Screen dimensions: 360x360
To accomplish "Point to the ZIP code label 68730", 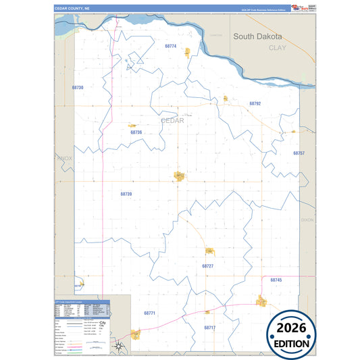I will pyautogui.click(x=78, y=88).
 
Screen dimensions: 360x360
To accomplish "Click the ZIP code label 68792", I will pyautogui.click(x=255, y=103).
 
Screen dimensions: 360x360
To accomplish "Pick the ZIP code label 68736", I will pyautogui.click(x=136, y=132).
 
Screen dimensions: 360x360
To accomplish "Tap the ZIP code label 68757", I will pyautogui.click(x=299, y=153).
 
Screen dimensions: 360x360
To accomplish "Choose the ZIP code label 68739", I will pyautogui.click(x=126, y=194).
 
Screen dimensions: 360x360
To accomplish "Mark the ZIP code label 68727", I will pyautogui.click(x=207, y=266).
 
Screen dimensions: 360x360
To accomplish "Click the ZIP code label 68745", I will pyautogui.click(x=276, y=280).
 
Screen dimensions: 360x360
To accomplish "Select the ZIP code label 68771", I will pyautogui.click(x=149, y=313).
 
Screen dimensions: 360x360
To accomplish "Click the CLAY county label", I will pyautogui.click(x=278, y=48).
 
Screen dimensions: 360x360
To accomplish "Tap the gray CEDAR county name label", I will pyautogui.click(x=172, y=120).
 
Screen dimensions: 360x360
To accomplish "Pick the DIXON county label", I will pyautogui.click(x=307, y=220).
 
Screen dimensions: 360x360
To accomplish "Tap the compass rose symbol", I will pyautogui.click(x=119, y=346).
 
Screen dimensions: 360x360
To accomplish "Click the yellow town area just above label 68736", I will pyautogui.click(x=133, y=125).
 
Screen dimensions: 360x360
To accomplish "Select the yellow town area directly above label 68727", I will pyautogui.click(x=209, y=251).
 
